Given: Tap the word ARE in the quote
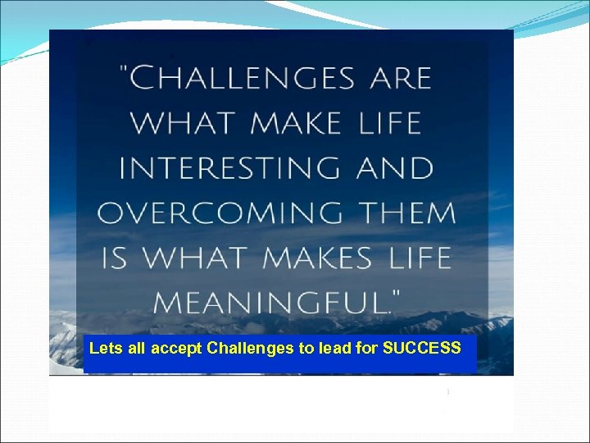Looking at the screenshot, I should pos(401,79).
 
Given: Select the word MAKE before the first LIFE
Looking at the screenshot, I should pos(296,124).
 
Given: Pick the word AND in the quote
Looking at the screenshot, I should pos(396,168).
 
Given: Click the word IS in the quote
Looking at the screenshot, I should pos(115,258).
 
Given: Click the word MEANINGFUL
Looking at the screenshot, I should pos(268,303).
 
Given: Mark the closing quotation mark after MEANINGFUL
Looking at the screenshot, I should pos(395,293).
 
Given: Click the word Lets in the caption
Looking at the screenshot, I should pos(106,348).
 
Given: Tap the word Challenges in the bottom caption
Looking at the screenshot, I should pos(250,348).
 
